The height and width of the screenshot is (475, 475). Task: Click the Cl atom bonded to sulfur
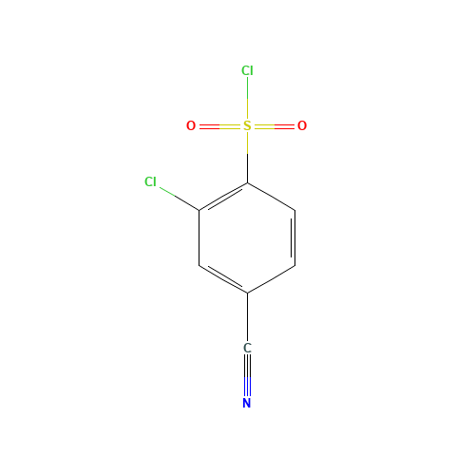247,70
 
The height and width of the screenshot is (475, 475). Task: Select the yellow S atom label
247,125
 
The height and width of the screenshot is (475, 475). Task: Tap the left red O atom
191,125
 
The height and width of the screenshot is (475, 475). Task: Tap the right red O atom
302,125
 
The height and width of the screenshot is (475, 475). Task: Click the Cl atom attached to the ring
150,181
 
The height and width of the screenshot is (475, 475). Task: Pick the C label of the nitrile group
247,348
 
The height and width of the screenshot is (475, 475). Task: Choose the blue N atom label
247,403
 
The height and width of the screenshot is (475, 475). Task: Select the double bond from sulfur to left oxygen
219,126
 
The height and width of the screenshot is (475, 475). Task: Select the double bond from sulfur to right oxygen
275,126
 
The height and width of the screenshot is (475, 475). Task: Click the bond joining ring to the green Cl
180,199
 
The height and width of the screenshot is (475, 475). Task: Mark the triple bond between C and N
247,375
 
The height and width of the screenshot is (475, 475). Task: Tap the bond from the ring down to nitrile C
247,317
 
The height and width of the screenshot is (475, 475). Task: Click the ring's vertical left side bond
199,237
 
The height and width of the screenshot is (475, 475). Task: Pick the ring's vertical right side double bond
294,237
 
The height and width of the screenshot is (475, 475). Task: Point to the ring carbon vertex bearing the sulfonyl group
247,183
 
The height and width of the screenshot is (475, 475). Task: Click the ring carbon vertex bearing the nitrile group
247,293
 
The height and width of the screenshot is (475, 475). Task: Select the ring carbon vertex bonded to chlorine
199,211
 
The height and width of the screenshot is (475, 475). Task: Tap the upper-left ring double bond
223,198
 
